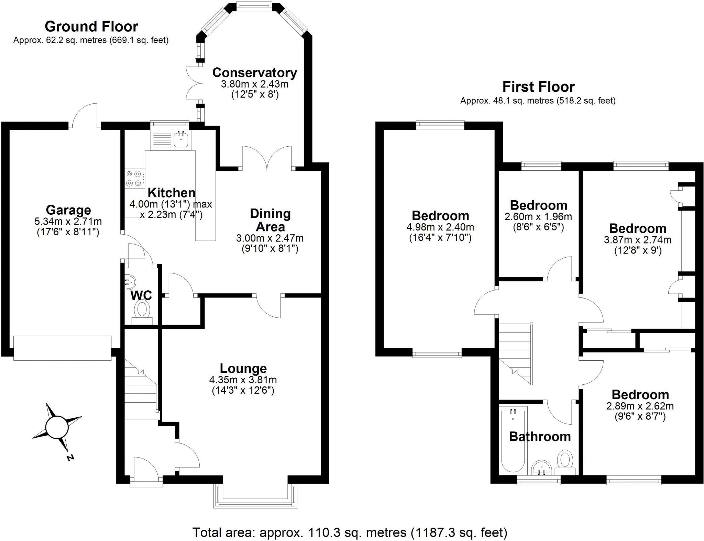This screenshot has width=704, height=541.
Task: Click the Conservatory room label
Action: pos(254,72)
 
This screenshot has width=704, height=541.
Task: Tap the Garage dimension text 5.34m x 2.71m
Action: pos(68,222)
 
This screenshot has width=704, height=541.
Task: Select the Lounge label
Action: pos(243,368)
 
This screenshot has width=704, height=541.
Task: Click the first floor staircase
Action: pos(515,354)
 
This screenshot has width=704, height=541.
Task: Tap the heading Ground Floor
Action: pos(91,26)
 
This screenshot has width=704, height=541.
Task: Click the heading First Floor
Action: pos(538,87)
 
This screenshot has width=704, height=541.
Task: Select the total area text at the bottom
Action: pos(350,532)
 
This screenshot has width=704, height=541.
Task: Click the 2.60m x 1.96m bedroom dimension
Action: pos(538,217)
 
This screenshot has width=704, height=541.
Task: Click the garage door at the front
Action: pos(62,348)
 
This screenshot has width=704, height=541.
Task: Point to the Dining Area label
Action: pos(270,220)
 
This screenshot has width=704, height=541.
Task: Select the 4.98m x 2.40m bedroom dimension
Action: pos(440,227)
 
